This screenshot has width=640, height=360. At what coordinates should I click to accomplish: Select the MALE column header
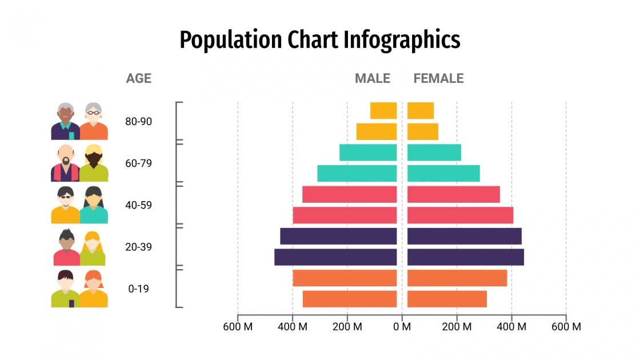click(x=372, y=78)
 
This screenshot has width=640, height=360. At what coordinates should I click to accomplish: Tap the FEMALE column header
click(x=438, y=78)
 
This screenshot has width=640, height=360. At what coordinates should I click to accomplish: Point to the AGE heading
click(x=139, y=78)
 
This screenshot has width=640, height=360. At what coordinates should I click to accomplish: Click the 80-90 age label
click(x=138, y=121)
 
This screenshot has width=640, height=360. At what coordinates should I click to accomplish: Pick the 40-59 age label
click(x=138, y=205)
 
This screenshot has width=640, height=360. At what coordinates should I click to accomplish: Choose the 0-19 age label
click(x=138, y=289)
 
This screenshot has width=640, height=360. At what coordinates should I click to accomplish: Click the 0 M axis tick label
click(x=402, y=327)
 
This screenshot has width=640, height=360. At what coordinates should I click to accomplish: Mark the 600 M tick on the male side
click(x=238, y=327)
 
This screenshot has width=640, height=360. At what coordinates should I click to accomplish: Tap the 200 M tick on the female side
click(x=457, y=327)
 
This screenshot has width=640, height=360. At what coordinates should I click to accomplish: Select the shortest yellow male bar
click(x=383, y=110)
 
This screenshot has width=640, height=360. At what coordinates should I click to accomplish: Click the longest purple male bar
click(x=335, y=257)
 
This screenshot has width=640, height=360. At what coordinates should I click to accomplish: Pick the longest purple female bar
click(x=465, y=257)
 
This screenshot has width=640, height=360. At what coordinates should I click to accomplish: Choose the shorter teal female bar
click(x=434, y=153)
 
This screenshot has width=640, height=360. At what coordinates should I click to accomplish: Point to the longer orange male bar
click(x=345, y=278)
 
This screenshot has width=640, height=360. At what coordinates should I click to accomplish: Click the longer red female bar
click(x=460, y=215)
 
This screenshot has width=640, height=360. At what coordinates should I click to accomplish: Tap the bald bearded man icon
click(x=65, y=163)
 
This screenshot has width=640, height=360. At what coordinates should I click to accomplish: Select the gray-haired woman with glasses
click(x=93, y=121)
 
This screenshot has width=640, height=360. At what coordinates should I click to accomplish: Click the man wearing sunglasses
click(x=66, y=205)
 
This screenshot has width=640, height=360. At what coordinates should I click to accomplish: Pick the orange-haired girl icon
click(x=93, y=289)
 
